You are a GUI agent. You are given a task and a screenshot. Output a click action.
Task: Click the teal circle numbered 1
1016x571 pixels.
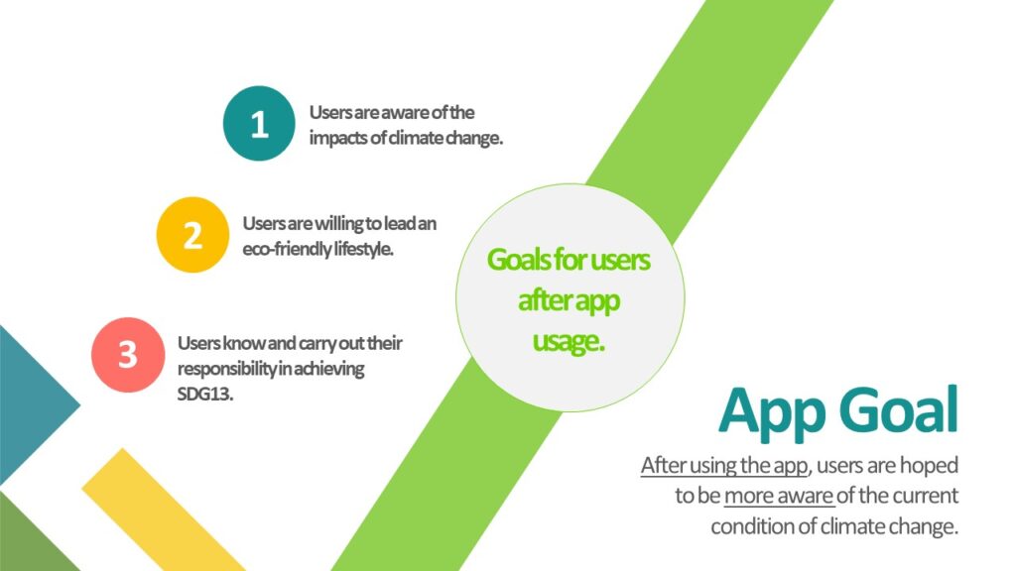coord(259,123)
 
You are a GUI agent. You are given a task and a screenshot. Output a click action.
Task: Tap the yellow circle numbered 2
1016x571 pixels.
coord(192,234)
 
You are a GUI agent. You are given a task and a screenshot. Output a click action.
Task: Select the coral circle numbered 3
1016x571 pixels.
coord(128,355)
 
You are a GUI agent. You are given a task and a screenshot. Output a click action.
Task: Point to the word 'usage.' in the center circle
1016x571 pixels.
coord(569,341)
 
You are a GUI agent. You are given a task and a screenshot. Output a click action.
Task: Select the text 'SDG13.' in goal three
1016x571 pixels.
coord(204,394)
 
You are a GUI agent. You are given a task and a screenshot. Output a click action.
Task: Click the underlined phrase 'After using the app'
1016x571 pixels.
coord(724,465)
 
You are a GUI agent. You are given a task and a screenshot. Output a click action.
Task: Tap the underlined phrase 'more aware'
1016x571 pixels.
coord(779,496)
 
